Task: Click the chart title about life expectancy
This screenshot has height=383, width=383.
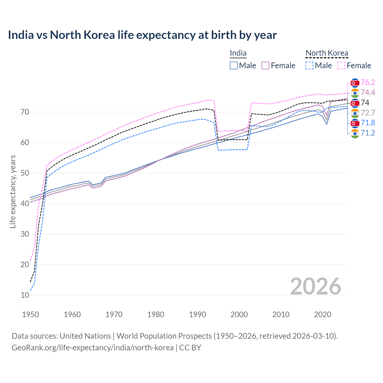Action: (142, 35)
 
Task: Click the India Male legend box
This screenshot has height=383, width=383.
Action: (234, 66)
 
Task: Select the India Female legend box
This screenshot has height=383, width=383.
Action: (265, 66)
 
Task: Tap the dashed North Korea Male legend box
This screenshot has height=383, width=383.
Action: (309, 66)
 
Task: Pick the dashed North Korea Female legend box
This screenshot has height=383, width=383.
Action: (341, 66)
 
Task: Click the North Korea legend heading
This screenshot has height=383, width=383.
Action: (327, 53)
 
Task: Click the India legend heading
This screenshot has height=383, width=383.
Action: (238, 53)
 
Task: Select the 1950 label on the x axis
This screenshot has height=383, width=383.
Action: (31, 314)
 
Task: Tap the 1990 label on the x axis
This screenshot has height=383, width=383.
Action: (197, 314)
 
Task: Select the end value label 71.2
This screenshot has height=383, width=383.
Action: (368, 133)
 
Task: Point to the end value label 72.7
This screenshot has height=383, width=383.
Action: (368, 113)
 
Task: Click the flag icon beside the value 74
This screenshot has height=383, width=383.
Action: (355, 103)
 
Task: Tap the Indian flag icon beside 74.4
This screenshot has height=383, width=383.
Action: (355, 93)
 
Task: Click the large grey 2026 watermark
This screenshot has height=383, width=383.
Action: (315, 286)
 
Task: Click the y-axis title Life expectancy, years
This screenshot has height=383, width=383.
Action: (13, 191)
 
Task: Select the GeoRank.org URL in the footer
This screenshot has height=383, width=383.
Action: (92, 348)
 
